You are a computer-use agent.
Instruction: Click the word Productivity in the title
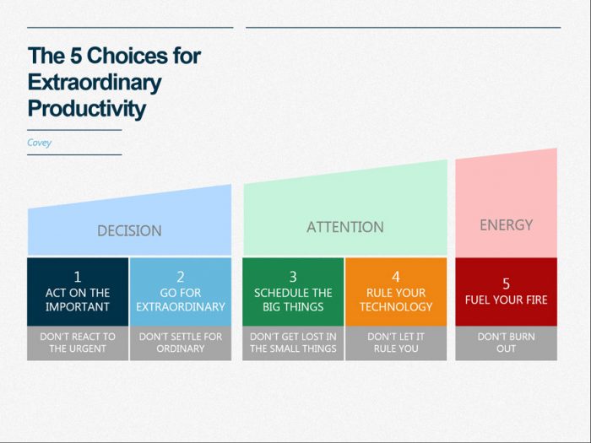click(86, 109)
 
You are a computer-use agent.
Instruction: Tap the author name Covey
click(39, 143)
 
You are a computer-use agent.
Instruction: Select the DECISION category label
click(129, 230)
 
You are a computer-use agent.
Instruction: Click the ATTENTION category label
click(344, 227)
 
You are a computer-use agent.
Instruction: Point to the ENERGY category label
click(506, 224)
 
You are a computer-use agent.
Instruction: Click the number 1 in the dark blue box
click(78, 276)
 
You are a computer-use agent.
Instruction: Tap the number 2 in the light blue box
click(180, 276)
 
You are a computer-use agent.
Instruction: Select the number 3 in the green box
click(293, 276)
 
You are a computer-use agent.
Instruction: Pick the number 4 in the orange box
click(396, 276)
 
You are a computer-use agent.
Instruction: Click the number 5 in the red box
click(506, 284)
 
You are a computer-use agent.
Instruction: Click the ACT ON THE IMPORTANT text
click(78, 300)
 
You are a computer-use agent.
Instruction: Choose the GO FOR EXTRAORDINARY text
click(180, 300)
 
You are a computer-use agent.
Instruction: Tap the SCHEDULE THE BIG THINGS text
click(293, 300)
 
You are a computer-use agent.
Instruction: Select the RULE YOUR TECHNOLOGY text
click(396, 300)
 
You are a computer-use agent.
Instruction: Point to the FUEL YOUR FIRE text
click(506, 300)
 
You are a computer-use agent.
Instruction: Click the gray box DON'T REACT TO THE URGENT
click(78, 343)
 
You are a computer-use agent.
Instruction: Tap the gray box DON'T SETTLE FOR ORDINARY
click(180, 343)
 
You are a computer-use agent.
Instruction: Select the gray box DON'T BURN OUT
click(506, 343)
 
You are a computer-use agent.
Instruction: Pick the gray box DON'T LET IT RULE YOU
click(396, 343)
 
